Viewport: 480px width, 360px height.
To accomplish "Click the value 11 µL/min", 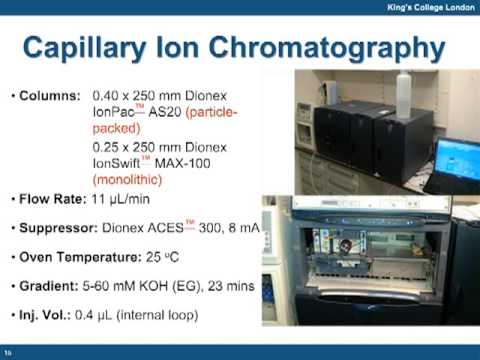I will click(x=130, y=200).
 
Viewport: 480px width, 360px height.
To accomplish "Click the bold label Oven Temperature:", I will click(x=82, y=257).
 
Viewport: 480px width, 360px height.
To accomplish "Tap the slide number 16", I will click(x=9, y=352).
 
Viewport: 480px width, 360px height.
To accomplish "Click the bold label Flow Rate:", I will click(x=54, y=200).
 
